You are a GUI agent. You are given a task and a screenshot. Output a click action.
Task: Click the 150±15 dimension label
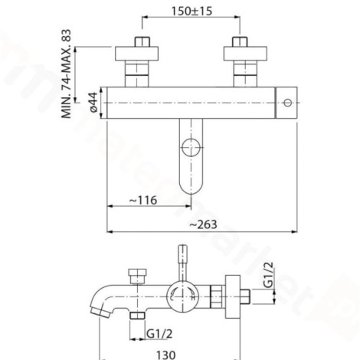click(x=191, y=11)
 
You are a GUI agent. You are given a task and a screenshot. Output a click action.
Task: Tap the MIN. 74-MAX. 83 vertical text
click(x=67, y=74)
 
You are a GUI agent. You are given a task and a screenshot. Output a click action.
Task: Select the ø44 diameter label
click(x=93, y=103)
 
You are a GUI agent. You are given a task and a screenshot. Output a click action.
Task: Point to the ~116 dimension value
click(x=143, y=200)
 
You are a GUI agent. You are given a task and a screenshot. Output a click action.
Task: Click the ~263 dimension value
click(x=204, y=224)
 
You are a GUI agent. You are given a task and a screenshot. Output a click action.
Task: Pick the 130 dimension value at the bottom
click(x=165, y=355)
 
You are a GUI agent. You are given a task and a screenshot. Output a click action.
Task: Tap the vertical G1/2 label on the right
click(x=268, y=275)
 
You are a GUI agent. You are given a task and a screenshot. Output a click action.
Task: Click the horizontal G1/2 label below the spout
click(x=159, y=333)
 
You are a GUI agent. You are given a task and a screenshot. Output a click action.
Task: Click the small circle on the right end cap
click(x=288, y=103)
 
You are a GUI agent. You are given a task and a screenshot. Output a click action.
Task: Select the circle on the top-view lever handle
click(x=191, y=148)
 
